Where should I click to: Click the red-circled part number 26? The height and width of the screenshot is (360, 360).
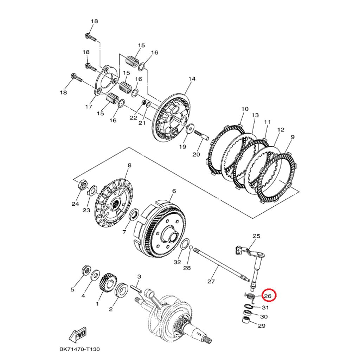(x=268, y=296)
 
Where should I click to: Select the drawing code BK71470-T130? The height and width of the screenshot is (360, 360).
(x=79, y=349)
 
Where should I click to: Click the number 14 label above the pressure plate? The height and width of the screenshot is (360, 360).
(x=192, y=79)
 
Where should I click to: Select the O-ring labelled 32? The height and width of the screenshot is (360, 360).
(x=185, y=245)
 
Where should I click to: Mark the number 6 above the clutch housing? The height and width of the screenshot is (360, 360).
(x=174, y=191)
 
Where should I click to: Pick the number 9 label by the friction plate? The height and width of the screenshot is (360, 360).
(x=292, y=137)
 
